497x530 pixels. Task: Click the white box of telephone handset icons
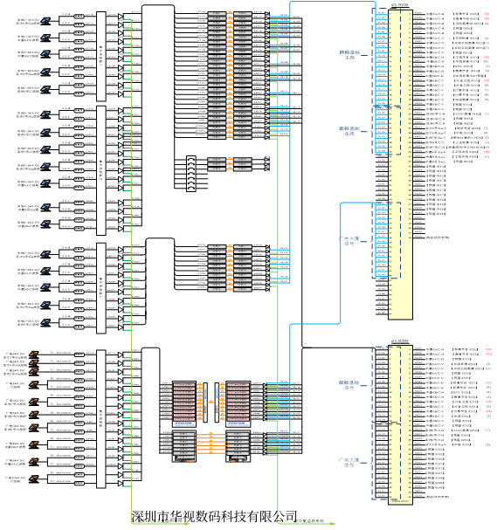(191, 173)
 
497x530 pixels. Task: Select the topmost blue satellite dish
(45, 20)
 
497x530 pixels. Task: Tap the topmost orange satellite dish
(34, 354)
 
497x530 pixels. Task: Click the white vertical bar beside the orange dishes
(101, 419)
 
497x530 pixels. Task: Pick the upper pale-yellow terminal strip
(400, 164)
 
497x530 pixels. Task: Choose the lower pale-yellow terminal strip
(400, 424)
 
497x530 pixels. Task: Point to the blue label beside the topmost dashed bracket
(349, 54)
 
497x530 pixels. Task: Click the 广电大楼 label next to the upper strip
(349, 241)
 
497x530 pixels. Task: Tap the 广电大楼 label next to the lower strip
(349, 461)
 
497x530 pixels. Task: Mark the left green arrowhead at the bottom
(186, 524)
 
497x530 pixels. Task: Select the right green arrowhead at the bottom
(333, 524)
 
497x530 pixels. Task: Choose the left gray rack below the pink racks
(184, 445)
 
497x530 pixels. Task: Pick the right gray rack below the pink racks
(238, 445)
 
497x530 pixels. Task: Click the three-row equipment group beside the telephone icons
(230, 163)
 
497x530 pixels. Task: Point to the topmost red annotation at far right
(487, 15)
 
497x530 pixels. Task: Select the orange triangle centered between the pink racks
(211, 402)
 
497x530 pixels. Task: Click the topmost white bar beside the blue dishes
(101, 56)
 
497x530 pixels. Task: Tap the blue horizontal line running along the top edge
(332, 2)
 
